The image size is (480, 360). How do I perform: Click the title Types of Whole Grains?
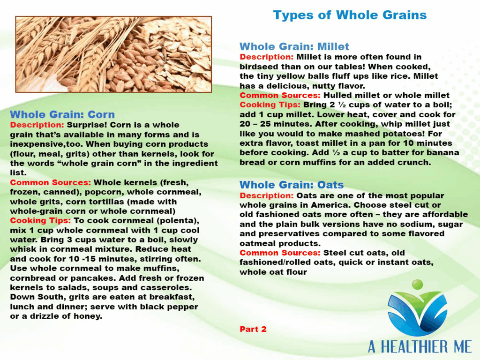pyautogui.click(x=350, y=15)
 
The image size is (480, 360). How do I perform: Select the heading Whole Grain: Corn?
pyautogui.click(x=62, y=114)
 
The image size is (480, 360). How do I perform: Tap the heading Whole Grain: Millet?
pyautogui.click(x=294, y=46)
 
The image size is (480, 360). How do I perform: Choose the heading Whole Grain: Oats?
pyautogui.click(x=292, y=185)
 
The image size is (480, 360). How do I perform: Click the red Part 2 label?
pyautogui.click(x=253, y=329)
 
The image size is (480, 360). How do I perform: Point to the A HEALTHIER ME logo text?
pyautogui.click(x=420, y=347)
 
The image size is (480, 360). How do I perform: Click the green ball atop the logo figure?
pyautogui.click(x=417, y=285)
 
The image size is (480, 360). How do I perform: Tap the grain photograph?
pyautogui.click(x=113, y=54)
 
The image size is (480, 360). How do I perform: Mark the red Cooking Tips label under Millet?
pyautogui.click(x=270, y=105)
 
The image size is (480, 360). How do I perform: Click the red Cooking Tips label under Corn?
pyautogui.click(x=40, y=221)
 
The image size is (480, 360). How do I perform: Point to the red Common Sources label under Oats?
pyautogui.click(x=280, y=253)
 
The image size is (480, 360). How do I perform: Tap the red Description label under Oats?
pyautogui.click(x=267, y=195)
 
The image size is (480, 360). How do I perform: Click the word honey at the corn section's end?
pyautogui.click(x=89, y=316)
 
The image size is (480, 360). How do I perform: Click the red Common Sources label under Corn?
pyautogui.click(x=51, y=182)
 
